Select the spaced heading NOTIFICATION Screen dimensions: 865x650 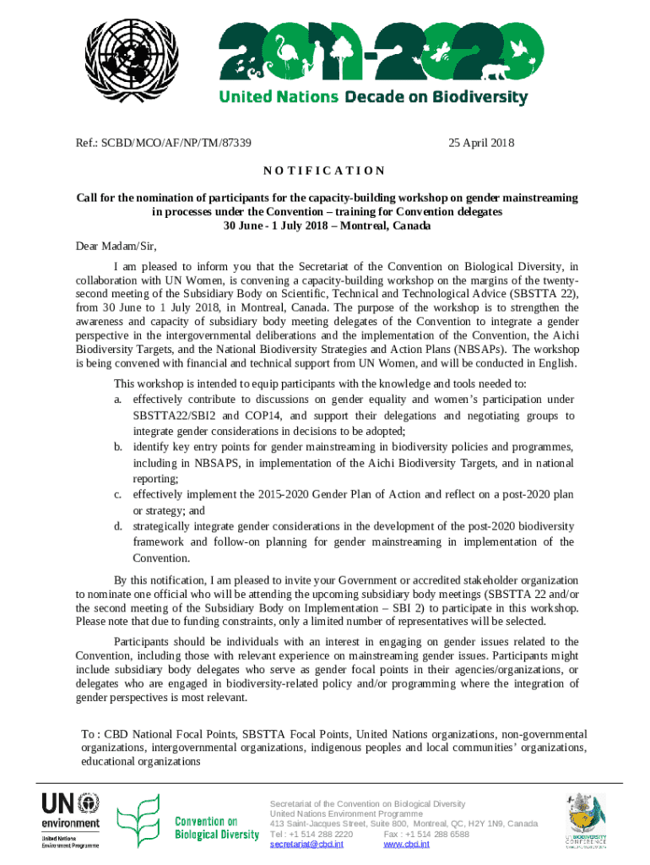[324, 171]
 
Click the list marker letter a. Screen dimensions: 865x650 [118, 399]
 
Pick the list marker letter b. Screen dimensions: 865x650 [118, 446]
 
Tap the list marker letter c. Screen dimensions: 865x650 [118, 494]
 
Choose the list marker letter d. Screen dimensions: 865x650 [118, 526]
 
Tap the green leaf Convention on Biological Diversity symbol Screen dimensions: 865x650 [138, 822]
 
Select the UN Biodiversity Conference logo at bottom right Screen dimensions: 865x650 [586, 819]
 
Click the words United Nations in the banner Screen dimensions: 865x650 [278, 97]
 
